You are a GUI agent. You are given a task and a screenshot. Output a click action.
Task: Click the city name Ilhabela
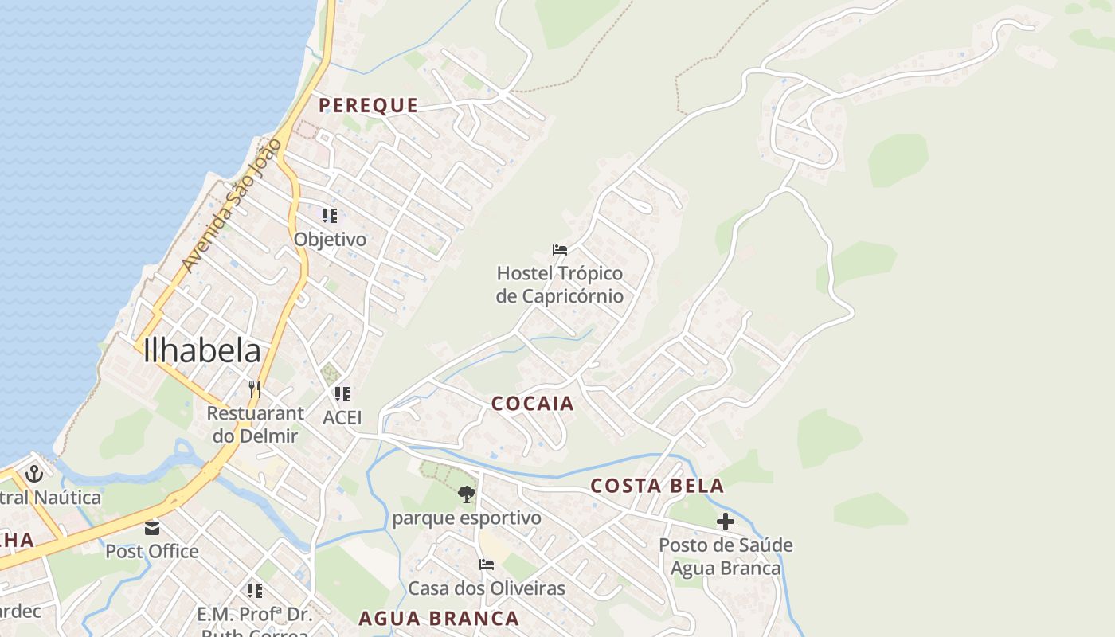pyautogui.click(x=202, y=350)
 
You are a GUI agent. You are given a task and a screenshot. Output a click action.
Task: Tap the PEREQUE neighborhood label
pyautogui.click(x=368, y=105)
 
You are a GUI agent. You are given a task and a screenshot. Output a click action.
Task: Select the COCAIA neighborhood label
pyautogui.click(x=532, y=404)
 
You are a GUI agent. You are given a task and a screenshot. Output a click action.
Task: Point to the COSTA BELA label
pyautogui.click(x=657, y=486)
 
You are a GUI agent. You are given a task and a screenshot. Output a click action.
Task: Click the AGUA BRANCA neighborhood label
pyautogui.click(x=438, y=618)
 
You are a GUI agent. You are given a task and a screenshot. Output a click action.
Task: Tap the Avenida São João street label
pyautogui.click(x=231, y=205)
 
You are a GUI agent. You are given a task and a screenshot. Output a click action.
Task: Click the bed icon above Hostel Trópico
pyautogui.click(x=560, y=250)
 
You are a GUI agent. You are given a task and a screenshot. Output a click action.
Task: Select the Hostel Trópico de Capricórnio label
pyautogui.click(x=559, y=285)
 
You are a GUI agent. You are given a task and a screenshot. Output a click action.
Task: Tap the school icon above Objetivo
pyautogui.click(x=330, y=215)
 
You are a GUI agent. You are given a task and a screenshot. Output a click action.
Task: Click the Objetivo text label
pyautogui.click(x=330, y=239)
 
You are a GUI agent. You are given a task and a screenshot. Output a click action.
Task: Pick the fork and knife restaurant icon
pyautogui.click(x=255, y=389)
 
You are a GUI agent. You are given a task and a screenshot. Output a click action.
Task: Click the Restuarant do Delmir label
pyautogui.click(x=255, y=424)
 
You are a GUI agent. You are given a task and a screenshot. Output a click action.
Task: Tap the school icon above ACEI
pyautogui.click(x=342, y=393)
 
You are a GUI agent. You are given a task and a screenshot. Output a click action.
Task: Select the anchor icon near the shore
pyautogui.click(x=33, y=474)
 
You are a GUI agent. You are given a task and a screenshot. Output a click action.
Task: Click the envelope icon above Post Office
pyautogui.click(x=152, y=528)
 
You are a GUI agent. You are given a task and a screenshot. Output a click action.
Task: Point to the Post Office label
pyautogui.click(x=152, y=551)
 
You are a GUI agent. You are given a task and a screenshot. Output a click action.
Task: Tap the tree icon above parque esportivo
pyautogui.click(x=467, y=494)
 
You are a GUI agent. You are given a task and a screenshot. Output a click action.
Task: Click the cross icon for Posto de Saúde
pyautogui.click(x=725, y=522)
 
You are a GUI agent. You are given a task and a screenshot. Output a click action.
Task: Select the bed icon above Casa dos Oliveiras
pyautogui.click(x=487, y=565)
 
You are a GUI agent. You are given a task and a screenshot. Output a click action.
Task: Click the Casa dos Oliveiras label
pyautogui.click(x=487, y=588)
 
